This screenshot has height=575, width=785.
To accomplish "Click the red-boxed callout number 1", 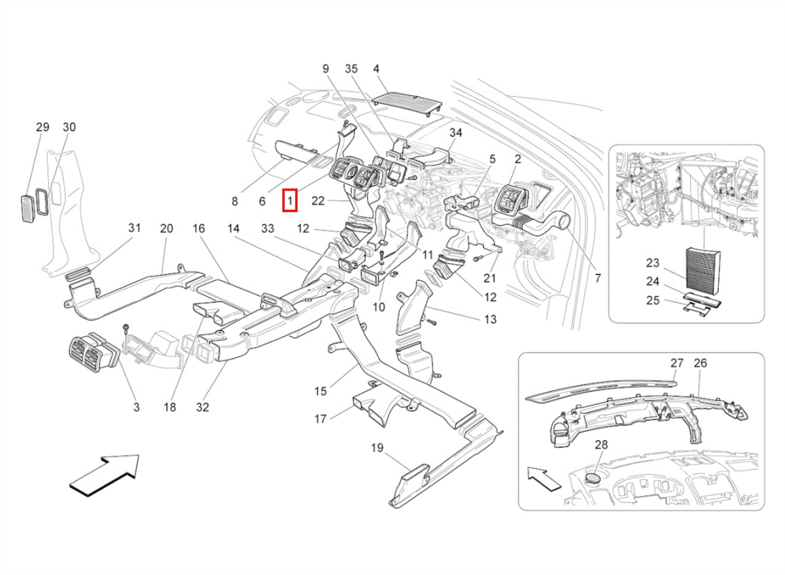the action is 290,201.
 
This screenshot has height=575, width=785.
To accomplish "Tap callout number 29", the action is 43,127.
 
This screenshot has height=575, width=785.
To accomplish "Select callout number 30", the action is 69,127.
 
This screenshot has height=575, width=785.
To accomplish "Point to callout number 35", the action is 351,69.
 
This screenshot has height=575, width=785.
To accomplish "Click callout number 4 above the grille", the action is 376,69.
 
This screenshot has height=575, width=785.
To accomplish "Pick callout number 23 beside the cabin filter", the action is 653,263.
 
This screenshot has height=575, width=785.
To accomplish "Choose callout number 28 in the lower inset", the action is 601,445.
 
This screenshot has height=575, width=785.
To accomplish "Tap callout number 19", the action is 377,448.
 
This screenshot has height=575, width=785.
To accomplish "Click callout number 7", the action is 598,278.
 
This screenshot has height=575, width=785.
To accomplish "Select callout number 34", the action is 455,133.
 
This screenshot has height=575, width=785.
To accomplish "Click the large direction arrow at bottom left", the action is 105,475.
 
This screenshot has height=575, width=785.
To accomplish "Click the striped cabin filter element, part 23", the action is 703,279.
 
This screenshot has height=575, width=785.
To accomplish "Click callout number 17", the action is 321,419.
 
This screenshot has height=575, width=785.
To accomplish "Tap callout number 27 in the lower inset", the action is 677,363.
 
